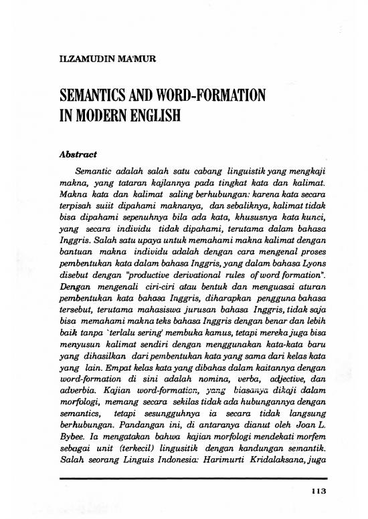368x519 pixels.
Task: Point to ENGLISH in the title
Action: click(157, 114)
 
